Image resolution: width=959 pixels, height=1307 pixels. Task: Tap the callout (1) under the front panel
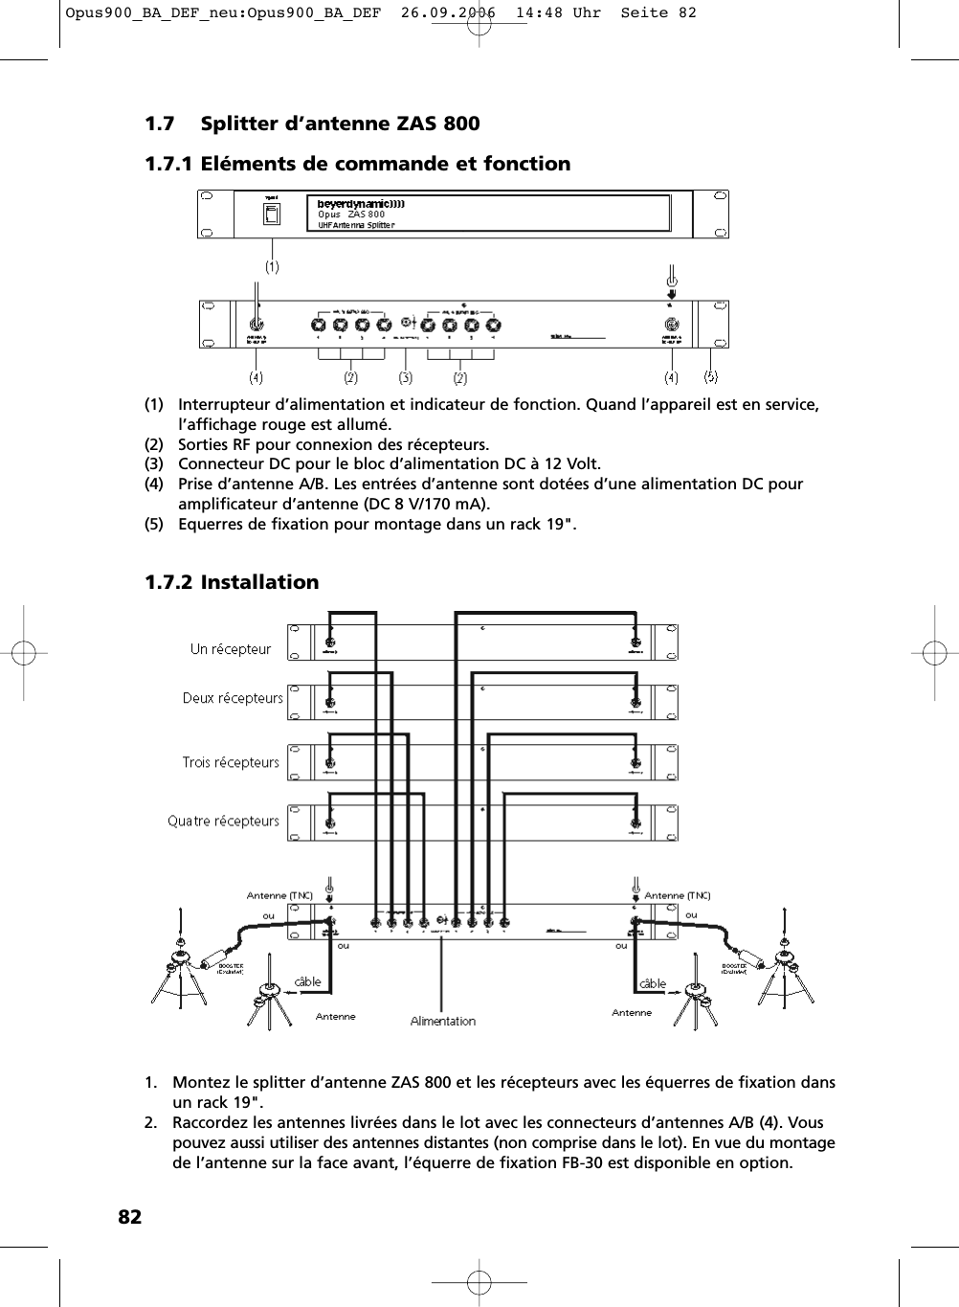tap(273, 267)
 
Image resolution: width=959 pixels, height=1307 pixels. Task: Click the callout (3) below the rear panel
tap(406, 376)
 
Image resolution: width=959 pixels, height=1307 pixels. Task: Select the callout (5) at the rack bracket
tap(711, 376)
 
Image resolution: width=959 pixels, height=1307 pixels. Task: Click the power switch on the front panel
tap(272, 214)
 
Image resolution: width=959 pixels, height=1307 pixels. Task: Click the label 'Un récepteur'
tap(231, 649)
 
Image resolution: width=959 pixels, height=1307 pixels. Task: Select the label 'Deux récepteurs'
tap(233, 698)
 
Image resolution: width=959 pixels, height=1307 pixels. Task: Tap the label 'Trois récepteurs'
tap(231, 762)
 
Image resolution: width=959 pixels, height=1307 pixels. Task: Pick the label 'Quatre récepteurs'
tap(223, 821)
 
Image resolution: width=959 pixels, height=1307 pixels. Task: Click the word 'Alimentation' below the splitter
tap(442, 1022)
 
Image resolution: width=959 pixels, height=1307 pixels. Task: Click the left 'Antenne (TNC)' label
tap(279, 895)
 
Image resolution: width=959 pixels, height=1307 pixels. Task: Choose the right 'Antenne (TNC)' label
tap(678, 895)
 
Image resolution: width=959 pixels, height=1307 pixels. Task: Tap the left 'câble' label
tap(307, 982)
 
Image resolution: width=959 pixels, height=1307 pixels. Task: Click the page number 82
tap(130, 1217)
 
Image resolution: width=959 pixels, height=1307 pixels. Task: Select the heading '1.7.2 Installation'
tap(232, 582)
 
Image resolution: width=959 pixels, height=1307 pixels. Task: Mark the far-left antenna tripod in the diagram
tap(179, 967)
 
